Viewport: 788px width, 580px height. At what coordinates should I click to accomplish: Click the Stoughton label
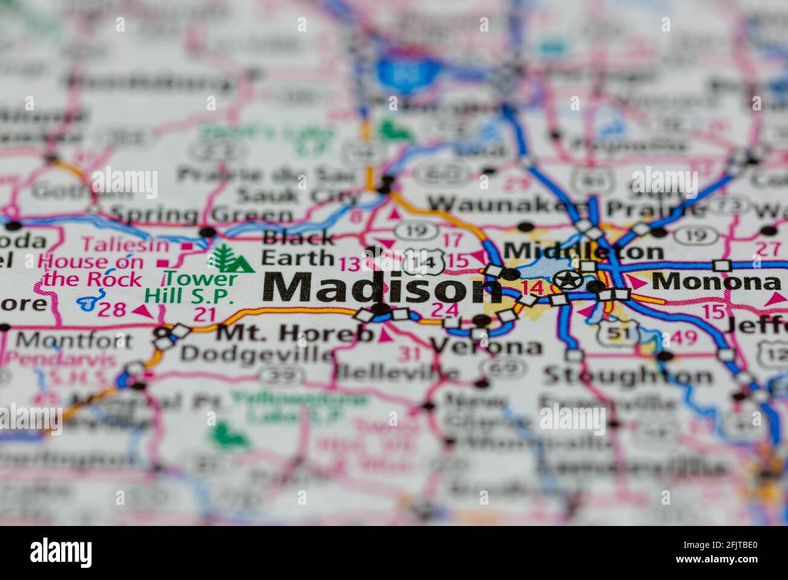pyautogui.click(x=627, y=376)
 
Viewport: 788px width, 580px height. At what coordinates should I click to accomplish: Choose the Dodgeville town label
pyautogui.click(x=258, y=353)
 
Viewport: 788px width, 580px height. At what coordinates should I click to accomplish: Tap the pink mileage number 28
pyautogui.click(x=112, y=309)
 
